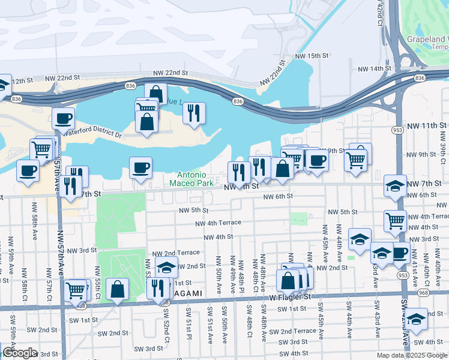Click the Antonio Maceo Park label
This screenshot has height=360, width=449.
[192, 178]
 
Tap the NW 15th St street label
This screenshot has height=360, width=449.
[313, 56]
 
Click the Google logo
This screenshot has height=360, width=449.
[20, 353]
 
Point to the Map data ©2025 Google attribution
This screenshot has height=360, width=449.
[412, 355]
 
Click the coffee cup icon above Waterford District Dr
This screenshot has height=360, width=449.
[63, 118]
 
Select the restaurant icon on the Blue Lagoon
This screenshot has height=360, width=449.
[194, 113]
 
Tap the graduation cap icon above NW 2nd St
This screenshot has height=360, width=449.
[167, 267]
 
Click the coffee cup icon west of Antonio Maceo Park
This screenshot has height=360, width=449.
[140, 167]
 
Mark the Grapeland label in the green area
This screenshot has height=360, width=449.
[427, 38]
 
